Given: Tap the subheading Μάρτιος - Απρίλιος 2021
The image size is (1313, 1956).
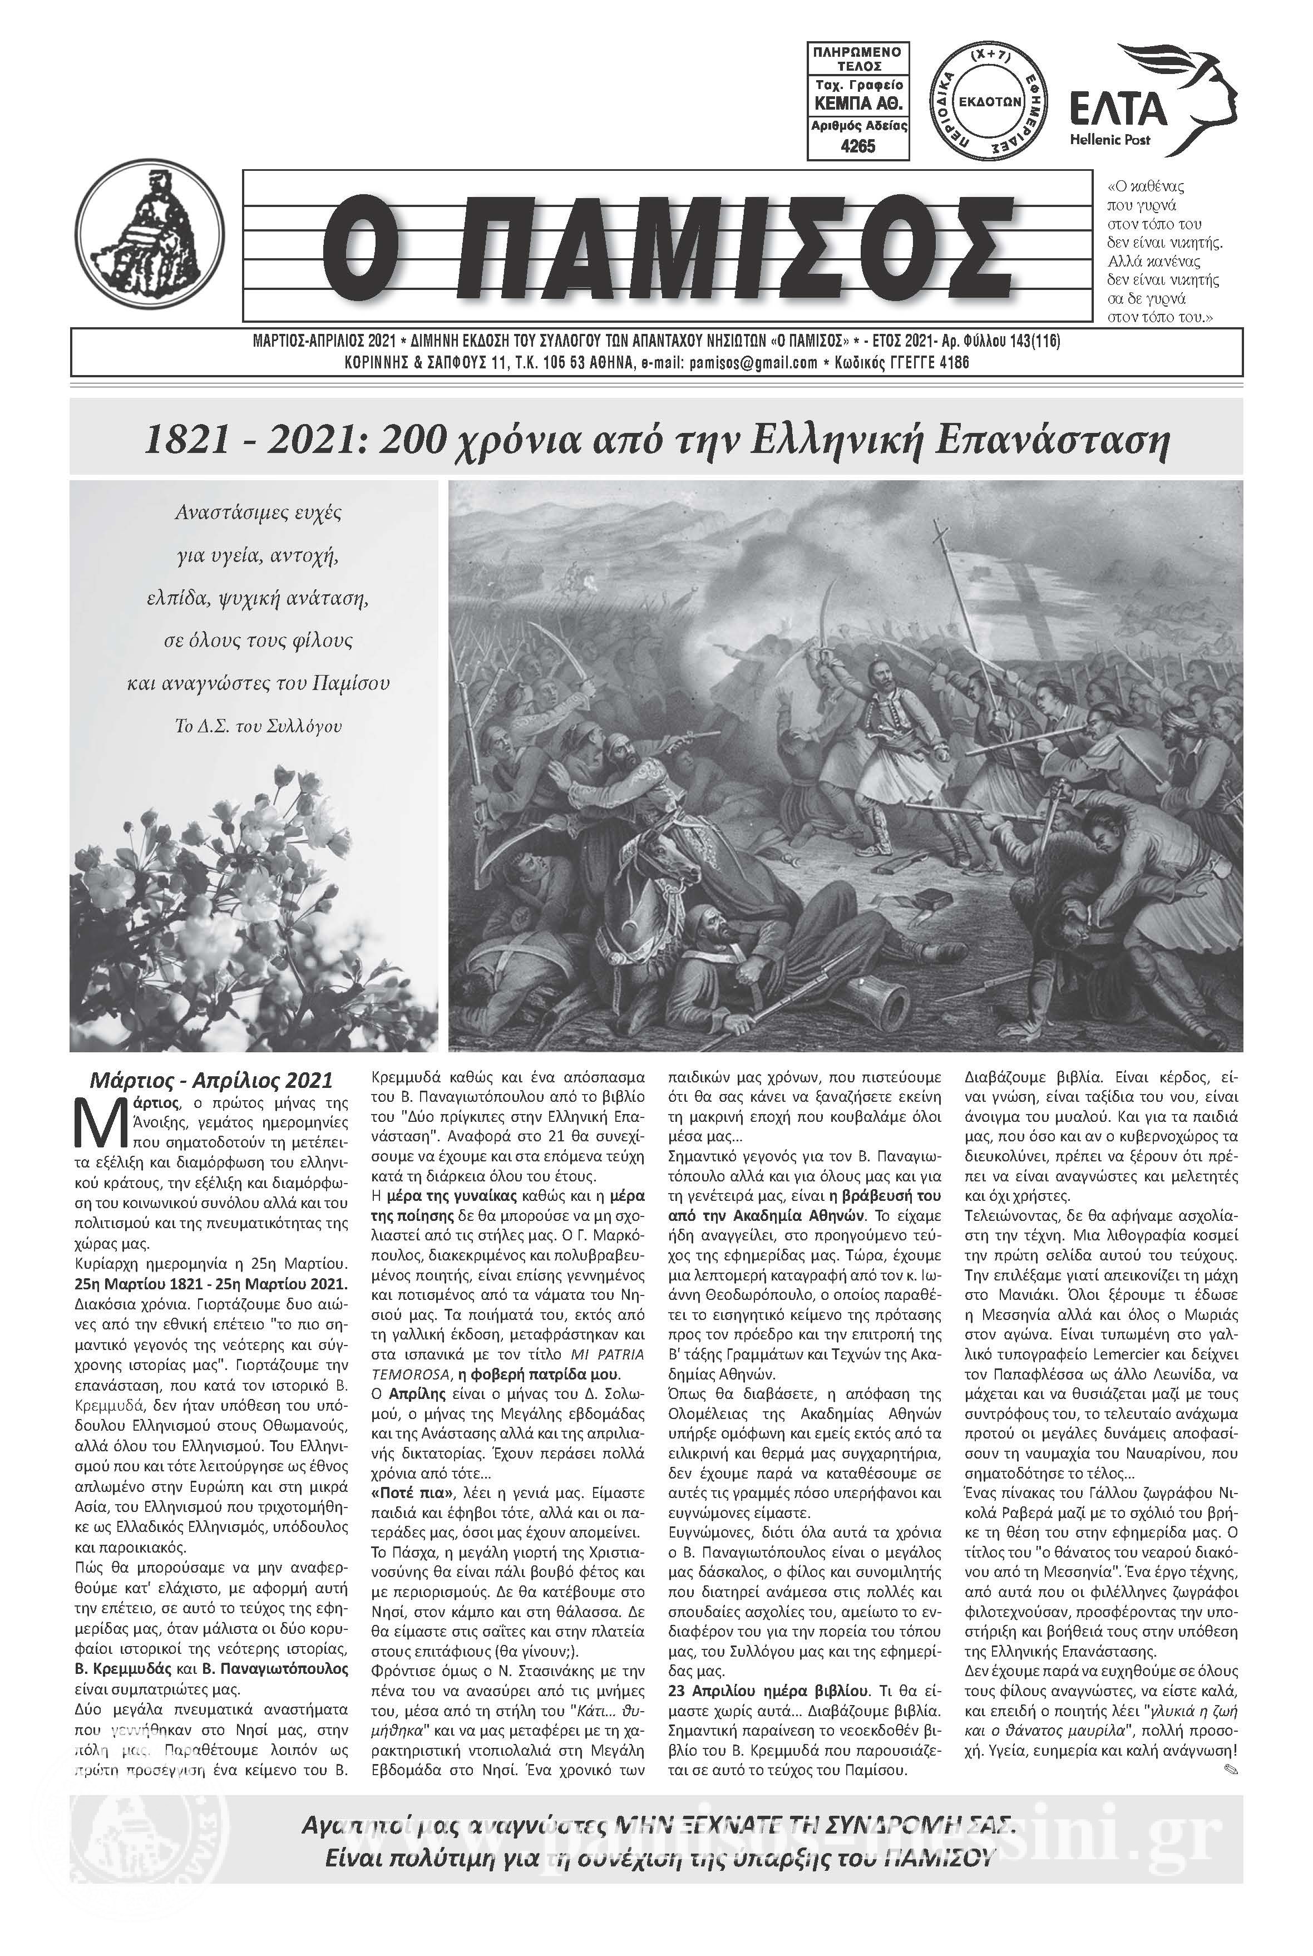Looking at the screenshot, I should (211, 1080).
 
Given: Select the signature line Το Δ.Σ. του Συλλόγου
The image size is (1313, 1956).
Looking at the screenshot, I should (258, 726).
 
